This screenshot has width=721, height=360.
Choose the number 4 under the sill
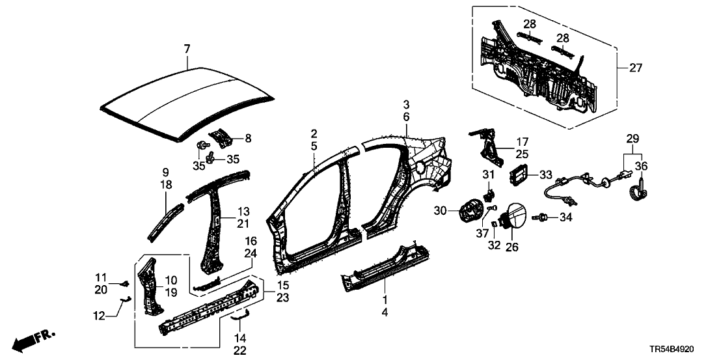click(384, 313)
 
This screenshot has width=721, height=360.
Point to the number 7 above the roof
click(187, 49)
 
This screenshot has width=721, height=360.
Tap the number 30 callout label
click(441, 211)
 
